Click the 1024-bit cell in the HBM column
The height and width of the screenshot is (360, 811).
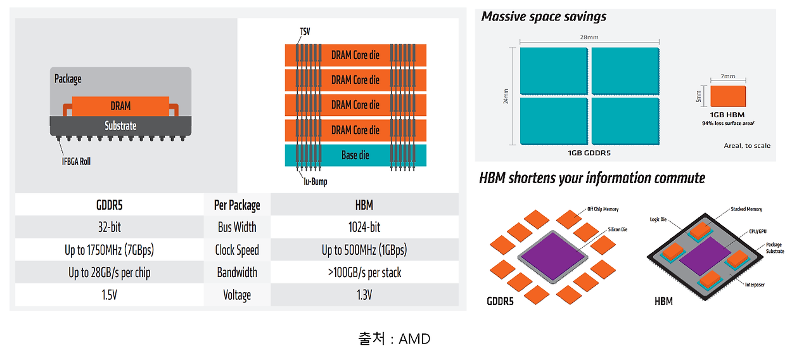[x=364, y=227]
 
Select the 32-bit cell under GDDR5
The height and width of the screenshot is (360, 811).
[x=109, y=227]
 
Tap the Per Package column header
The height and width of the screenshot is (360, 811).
[x=237, y=205]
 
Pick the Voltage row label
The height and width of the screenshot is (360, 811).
[x=237, y=295]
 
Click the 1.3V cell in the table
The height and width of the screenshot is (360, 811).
[x=364, y=295]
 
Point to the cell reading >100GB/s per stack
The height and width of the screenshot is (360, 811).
[x=364, y=273]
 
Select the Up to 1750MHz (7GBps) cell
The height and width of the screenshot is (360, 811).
[x=109, y=250]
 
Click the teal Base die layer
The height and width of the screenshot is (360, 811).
[x=355, y=155]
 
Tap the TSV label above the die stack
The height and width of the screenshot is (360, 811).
[x=305, y=32]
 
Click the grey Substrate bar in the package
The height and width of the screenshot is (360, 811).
[x=120, y=125]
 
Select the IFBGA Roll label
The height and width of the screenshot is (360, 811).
[x=76, y=161]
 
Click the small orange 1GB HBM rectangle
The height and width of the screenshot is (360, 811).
[x=727, y=96]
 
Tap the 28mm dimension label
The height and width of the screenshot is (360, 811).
[x=589, y=37]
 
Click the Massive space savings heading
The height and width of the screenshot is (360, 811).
[x=544, y=17]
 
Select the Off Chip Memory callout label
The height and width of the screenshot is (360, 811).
[x=603, y=209]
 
